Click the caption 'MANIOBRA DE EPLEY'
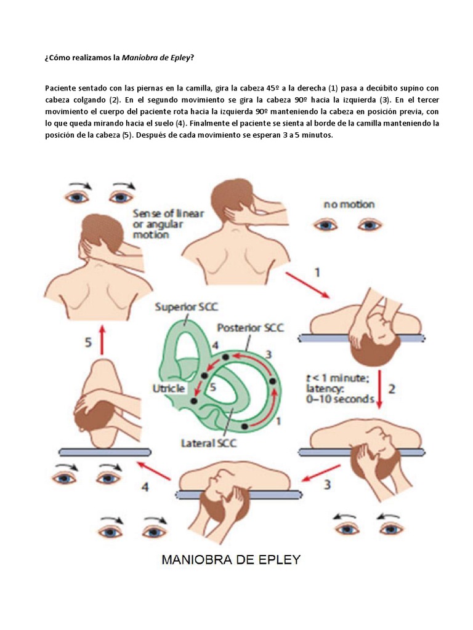[231, 560]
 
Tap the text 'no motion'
[349, 204]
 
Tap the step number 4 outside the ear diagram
[145, 487]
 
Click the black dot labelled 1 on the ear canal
[245, 426]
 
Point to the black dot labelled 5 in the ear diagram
[194, 401]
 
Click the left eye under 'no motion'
[326, 225]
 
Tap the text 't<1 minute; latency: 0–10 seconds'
[341, 388]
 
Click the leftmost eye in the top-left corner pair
[76, 196]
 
